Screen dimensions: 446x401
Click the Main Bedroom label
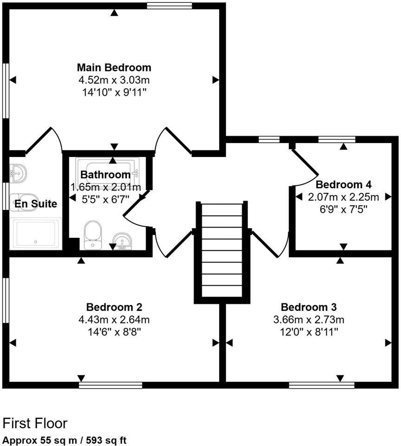(114, 67)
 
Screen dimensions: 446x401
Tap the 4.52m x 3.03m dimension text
(114, 80)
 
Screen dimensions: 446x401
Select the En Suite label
(35, 203)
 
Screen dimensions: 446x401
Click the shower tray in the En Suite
(36, 234)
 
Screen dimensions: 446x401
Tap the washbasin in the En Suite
(19, 173)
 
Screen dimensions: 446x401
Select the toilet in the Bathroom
(93, 234)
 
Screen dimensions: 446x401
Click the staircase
(222, 251)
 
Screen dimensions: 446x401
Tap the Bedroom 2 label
(114, 307)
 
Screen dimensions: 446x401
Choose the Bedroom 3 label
(309, 307)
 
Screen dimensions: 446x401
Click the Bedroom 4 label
(343, 184)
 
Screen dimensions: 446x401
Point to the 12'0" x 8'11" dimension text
(309, 332)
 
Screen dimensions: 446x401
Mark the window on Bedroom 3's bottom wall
(321, 385)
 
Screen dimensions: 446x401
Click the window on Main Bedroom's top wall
(169, 6)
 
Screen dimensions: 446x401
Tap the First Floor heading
(35, 423)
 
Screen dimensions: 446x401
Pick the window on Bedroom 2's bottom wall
(110, 385)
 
